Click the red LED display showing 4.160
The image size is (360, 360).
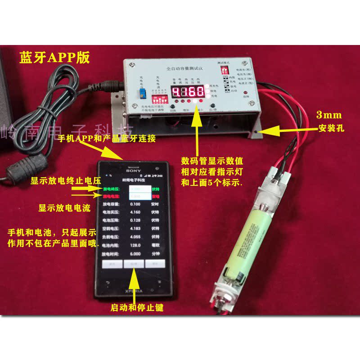point(189,92)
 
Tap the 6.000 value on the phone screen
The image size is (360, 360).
point(136,253)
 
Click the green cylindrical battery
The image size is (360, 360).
point(246,238)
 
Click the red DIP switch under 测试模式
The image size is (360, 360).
point(224,71)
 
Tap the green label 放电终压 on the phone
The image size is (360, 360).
point(111,189)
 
